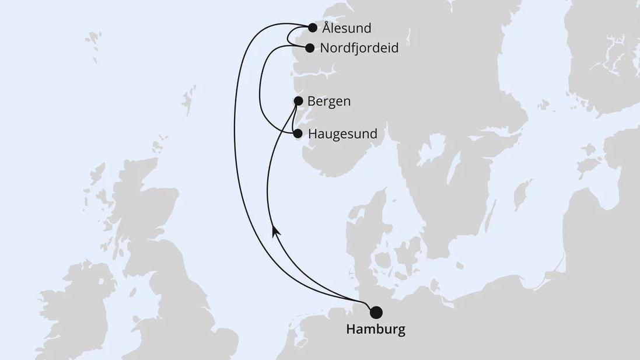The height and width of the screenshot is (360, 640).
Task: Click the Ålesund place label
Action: click(x=347, y=28)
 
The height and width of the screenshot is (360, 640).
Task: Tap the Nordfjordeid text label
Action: click(x=359, y=48)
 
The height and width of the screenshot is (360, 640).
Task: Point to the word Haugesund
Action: click(x=342, y=134)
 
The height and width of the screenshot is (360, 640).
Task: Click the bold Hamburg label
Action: click(x=376, y=329)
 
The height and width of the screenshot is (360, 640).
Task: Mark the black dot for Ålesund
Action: click(x=313, y=27)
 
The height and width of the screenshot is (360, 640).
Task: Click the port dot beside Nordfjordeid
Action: click(x=310, y=48)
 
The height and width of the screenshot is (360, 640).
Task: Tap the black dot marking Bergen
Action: click(x=298, y=102)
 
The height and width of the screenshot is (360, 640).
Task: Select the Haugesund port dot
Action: click(x=298, y=134)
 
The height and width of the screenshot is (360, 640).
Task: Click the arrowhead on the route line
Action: click(x=274, y=230)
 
